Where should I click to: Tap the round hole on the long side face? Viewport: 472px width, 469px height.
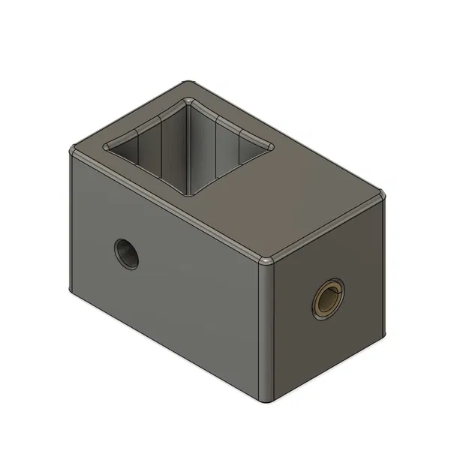(x=127, y=253)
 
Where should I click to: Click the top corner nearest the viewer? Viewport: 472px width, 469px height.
(x=269, y=262)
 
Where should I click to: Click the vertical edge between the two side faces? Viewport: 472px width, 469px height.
(x=268, y=330)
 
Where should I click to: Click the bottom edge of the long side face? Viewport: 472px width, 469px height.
(x=169, y=345)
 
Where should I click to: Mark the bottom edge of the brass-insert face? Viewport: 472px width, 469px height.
(x=326, y=368)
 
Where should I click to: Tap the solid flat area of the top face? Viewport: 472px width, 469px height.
(x=293, y=203)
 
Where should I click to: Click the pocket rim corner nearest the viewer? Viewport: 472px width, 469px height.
(x=190, y=195)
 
